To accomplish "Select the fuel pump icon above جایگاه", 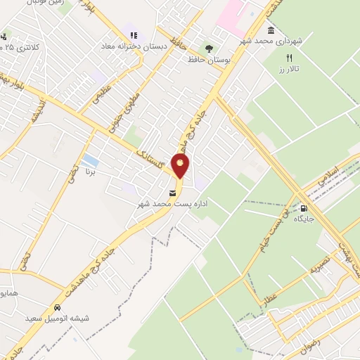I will tap(304, 207).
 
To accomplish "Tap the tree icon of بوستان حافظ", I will tap(208, 49).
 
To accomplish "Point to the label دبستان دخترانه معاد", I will tap(134, 47).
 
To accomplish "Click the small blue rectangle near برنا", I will tap(89, 161).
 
